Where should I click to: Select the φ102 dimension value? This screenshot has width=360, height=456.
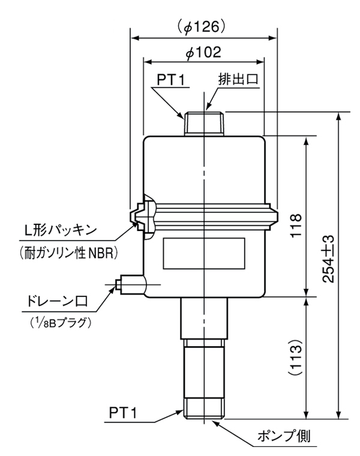click(204, 52)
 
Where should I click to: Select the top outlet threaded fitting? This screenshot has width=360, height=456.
click(204, 124)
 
